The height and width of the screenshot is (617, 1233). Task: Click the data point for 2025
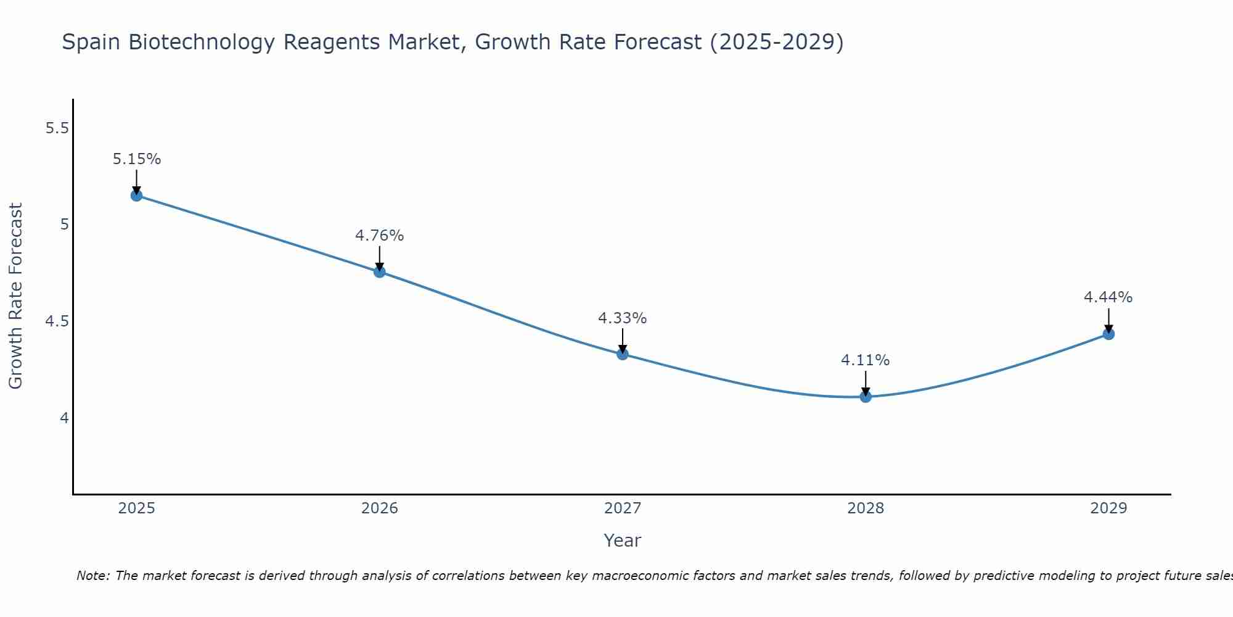coord(137,196)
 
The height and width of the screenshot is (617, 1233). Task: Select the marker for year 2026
coord(380,271)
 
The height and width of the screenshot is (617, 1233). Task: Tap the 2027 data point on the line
coord(623,354)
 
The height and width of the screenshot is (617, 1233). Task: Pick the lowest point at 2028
coord(866,397)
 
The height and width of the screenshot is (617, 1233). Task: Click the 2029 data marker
coord(1108,334)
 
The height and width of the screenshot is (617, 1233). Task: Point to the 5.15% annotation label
coord(137,159)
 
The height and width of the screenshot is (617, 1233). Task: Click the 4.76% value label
coord(380,236)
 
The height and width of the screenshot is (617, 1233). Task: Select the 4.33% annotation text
coord(623,318)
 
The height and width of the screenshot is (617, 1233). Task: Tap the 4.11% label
coord(866,360)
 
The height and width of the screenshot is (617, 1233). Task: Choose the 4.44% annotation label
coord(1108,297)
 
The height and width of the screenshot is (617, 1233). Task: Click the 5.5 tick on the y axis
coord(57,128)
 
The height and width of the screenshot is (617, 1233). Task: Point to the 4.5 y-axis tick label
coord(57,321)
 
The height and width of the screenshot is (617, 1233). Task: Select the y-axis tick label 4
coord(64,418)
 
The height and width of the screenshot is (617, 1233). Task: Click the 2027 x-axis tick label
coord(623,508)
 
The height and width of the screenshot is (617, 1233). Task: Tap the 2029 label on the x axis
coord(1108,508)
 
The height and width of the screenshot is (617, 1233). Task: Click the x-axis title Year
coord(623,540)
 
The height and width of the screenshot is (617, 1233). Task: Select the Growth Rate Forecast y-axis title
coord(16,296)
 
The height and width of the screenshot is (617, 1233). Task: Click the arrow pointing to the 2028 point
coord(866,383)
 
